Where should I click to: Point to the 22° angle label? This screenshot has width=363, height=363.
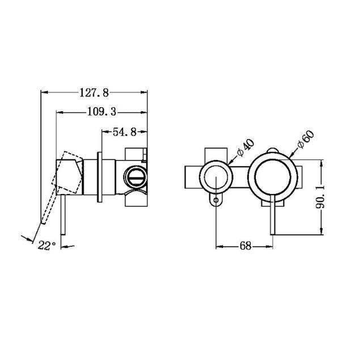47,246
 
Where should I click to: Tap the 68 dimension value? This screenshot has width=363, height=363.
245,247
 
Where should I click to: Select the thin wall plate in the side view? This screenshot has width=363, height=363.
100,177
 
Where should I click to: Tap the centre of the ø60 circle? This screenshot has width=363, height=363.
275,177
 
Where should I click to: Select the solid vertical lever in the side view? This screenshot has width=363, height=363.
65,218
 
